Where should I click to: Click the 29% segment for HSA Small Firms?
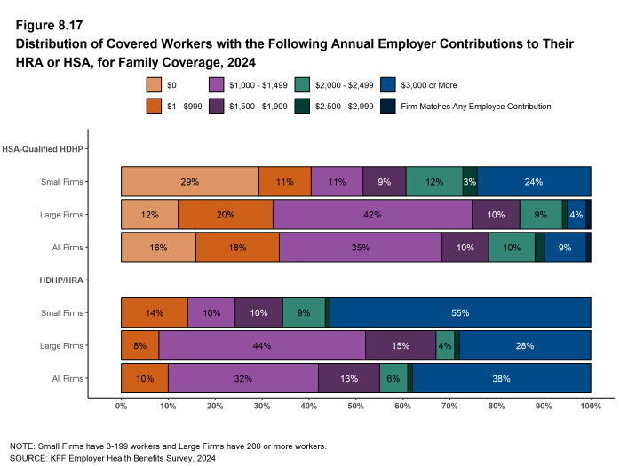coord(189,181)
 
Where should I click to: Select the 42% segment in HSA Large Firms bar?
coord(372,215)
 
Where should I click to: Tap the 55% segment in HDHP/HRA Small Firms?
coord(460,312)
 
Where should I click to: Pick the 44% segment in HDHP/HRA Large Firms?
coord(262,345)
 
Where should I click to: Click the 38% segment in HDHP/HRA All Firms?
coord(502,378)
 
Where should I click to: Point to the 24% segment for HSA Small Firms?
coord(534,181)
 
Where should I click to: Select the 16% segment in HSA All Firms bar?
coord(158,248)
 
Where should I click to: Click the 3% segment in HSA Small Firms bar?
coord(470,181)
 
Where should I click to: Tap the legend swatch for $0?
coord(154,85)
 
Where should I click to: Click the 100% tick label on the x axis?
coord(591,406)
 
